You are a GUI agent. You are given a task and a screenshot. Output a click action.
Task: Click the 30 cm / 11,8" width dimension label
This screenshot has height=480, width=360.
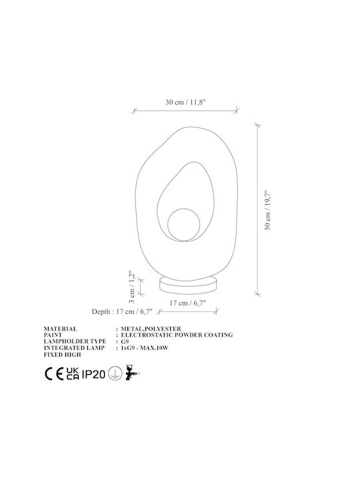pyautogui.click(x=185, y=102)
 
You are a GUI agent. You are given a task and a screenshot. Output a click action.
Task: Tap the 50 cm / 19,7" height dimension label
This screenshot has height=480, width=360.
pyautogui.click(x=268, y=210)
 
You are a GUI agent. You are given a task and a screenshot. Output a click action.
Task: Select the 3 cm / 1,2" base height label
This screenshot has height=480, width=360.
pyautogui.click(x=132, y=287)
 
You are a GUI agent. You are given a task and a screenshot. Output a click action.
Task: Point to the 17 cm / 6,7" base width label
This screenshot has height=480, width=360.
pyautogui.click(x=187, y=303)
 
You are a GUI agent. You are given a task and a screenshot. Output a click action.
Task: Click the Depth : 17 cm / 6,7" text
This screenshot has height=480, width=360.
pyautogui.click(x=122, y=311)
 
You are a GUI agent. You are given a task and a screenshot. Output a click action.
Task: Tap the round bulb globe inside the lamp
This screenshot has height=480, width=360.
pyautogui.click(x=184, y=225)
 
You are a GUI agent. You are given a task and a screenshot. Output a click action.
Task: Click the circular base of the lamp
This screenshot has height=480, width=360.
pyautogui.click(x=188, y=285)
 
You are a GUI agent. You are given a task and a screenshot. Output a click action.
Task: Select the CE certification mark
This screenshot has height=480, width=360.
pyautogui.click(x=54, y=374)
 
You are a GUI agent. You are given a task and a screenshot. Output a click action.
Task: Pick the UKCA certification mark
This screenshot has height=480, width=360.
pyautogui.click(x=73, y=374)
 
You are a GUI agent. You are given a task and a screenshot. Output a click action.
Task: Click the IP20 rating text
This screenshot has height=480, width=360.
pyautogui.click(x=94, y=374)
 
